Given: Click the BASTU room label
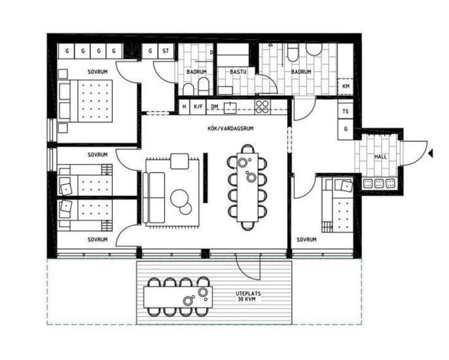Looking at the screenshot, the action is coord(238,71).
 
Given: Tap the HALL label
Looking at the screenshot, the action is coord(380,156).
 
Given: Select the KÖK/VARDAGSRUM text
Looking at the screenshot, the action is coord(230,128).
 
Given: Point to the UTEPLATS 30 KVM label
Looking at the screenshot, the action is coord(248,297).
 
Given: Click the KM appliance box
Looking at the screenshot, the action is coord(346,86).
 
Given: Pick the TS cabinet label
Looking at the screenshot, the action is coord(346,111).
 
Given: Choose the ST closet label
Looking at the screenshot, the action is coord(166,51).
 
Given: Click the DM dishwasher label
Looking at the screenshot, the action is coord(215,107).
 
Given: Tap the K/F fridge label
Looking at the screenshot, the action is coord(198,107).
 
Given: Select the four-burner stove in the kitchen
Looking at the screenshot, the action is coord(262,107).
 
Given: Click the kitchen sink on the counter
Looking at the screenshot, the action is coord(230,107).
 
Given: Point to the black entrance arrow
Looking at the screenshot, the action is coord(431,154).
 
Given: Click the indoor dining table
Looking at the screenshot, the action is coord(247,187).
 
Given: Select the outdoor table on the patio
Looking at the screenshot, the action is coord(178,297).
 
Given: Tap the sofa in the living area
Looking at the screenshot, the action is coord(154,197).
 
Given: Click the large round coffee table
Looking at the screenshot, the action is coord(179,198).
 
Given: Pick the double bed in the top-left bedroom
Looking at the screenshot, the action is coord(85,101).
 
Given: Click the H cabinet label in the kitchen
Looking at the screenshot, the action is coord(185,107).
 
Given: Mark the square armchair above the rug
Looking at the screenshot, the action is coord(179,161).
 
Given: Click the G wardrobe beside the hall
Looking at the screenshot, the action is coord(346,129).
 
